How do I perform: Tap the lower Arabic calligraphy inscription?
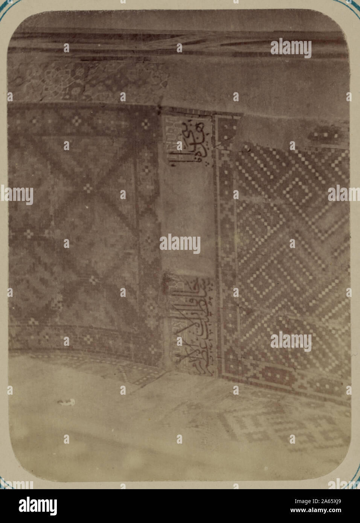click(x=192, y=325)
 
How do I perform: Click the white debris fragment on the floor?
click(x=66, y=402)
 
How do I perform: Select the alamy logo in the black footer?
click(x=38, y=506)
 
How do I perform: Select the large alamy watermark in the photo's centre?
click(x=180, y=244)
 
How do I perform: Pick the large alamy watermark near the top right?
click(x=291, y=48)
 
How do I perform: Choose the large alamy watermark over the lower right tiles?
click(x=291, y=341)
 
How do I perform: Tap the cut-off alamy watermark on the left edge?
click(x=17, y=195)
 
